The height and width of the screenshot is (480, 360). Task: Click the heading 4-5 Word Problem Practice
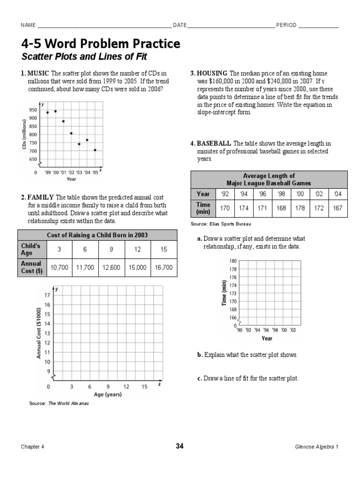coord(100,44)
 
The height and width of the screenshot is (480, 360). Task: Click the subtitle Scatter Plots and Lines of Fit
coord(84,57)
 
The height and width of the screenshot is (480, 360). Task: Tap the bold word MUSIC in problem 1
coord(37,74)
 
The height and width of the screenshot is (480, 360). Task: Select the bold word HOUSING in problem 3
coord(212,74)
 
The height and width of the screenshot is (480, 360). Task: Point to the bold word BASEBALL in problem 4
coord(214,143)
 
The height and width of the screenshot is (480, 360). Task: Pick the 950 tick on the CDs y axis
coord(33,110)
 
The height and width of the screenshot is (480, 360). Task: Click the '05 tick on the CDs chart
coord(95,172)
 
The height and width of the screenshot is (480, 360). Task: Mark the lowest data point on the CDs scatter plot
coord(95,150)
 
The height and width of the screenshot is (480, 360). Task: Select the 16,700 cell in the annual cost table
coord(164,267)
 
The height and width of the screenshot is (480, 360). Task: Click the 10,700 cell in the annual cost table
coord(59,267)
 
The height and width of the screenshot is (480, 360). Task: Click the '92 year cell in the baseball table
coord(225,194)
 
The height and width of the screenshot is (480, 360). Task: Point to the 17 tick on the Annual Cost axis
coord(46,295)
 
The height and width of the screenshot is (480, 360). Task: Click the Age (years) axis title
coord(107,394)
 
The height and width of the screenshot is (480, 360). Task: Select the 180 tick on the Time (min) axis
coord(233,261)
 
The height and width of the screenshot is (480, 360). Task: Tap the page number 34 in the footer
coord(180,446)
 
